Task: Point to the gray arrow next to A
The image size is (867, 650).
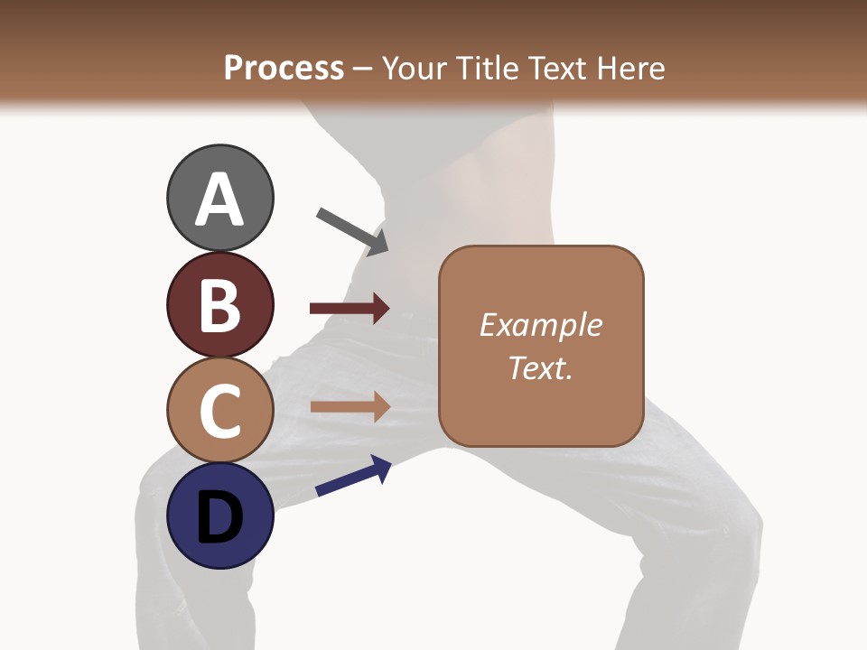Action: [x=352, y=230]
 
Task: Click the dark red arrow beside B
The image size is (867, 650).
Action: [x=350, y=309]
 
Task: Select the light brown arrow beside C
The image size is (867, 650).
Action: [x=350, y=406]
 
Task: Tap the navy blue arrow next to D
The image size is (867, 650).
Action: [x=353, y=476]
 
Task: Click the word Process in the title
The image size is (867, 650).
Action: [x=284, y=68]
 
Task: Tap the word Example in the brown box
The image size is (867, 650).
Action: [x=541, y=325]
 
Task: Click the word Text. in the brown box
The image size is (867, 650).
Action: [x=541, y=367]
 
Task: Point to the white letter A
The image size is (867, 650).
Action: [x=219, y=200]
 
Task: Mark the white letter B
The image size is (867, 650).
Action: [x=219, y=305]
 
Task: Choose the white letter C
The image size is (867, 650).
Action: [x=219, y=412]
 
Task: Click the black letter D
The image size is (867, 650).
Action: [x=219, y=518]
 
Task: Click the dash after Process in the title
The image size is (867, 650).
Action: [x=362, y=69]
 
